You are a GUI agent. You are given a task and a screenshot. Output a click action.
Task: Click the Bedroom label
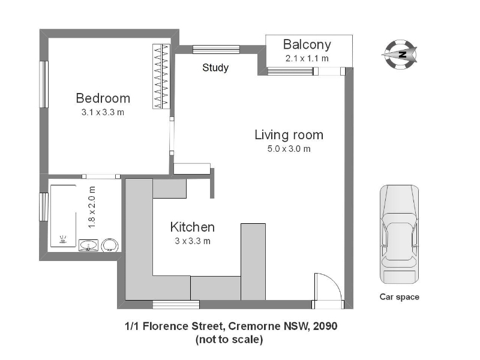(103, 98)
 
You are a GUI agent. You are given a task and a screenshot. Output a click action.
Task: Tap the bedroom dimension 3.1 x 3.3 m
(103, 112)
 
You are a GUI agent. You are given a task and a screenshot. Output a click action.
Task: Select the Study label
(215, 68)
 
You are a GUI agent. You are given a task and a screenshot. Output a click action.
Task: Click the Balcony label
(307, 44)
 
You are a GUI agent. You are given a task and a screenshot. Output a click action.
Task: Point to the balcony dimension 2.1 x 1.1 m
(307, 58)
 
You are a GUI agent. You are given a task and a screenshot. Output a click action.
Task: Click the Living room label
(289, 135)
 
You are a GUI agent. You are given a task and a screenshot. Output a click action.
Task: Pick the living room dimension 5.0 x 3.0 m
(289, 149)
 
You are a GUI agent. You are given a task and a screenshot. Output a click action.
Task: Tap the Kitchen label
(193, 227)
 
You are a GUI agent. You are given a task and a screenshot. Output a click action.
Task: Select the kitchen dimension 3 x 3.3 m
(193, 241)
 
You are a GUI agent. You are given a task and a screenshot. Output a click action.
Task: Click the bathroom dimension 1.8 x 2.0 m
(92, 207)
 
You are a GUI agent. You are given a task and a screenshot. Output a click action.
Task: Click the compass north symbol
(400, 55)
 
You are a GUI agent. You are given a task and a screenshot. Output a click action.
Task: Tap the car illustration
(400, 235)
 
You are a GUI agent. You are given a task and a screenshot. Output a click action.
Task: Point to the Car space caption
(400, 297)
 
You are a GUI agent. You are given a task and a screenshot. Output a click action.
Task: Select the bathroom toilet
(109, 245)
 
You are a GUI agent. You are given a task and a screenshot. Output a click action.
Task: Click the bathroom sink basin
(88, 245)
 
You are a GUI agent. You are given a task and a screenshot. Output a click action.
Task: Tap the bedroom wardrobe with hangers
(161, 76)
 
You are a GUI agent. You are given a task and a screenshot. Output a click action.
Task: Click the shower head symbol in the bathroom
(63, 239)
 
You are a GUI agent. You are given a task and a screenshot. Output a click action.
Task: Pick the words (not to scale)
(229, 340)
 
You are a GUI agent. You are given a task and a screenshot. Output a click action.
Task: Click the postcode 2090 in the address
(325, 326)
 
